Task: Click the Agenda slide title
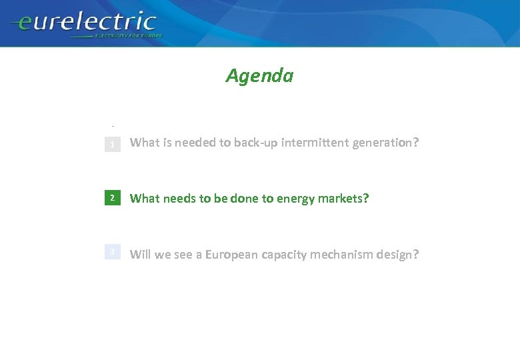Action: (x=259, y=76)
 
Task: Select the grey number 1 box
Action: (x=113, y=143)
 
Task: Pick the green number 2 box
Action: (x=113, y=198)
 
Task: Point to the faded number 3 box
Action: (x=113, y=252)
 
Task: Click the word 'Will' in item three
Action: (x=140, y=254)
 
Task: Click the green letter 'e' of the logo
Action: (x=25, y=24)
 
